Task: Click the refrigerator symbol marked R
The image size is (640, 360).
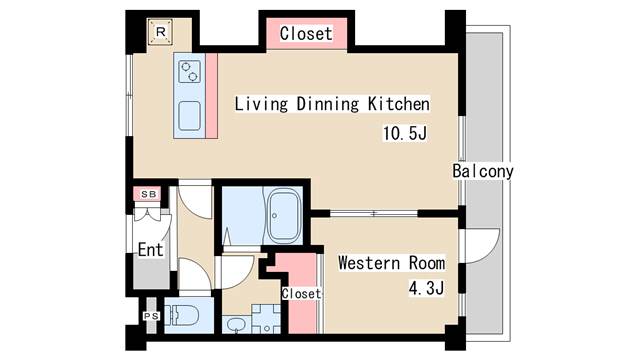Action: [x=159, y=33]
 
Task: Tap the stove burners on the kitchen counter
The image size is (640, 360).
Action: [x=190, y=72]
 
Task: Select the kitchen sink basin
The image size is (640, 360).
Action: [x=190, y=114]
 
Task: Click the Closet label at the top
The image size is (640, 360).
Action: [x=305, y=33]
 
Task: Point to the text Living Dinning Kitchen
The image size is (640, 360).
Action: [x=331, y=104]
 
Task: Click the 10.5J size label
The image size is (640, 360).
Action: [x=405, y=133]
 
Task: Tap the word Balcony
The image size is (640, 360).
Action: [x=483, y=171]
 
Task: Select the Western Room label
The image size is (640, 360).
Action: [x=391, y=264]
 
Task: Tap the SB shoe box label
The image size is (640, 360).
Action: [x=147, y=193]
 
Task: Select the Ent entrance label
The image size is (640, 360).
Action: [x=150, y=249]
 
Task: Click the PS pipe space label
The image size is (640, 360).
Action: [x=151, y=316]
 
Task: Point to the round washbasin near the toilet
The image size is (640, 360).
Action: [x=236, y=325]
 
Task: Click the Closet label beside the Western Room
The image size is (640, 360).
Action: [x=301, y=294]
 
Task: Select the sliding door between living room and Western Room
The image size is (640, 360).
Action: [x=373, y=213]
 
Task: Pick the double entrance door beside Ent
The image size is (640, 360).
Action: [x=148, y=217]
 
